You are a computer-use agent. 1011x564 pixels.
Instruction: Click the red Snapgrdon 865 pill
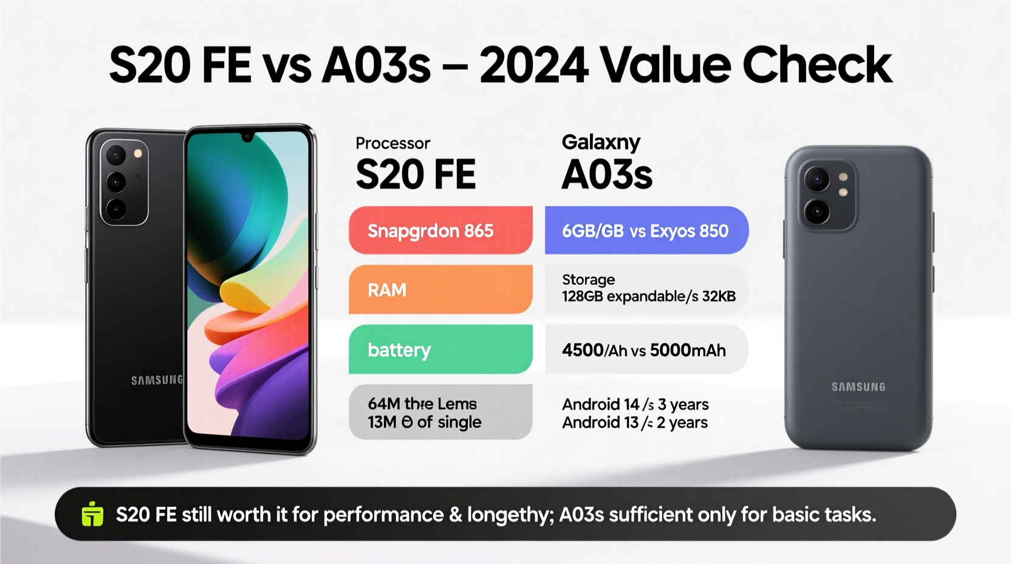440,230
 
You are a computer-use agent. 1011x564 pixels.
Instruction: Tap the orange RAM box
440,289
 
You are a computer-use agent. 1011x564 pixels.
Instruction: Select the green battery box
440,349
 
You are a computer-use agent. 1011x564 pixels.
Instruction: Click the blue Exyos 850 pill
646,230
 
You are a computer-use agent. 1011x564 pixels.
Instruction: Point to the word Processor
392,143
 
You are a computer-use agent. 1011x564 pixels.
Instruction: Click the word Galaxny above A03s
600,142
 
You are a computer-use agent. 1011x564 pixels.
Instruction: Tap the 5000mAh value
688,351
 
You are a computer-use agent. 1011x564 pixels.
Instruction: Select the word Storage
588,280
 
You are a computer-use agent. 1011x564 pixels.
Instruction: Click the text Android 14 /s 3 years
635,404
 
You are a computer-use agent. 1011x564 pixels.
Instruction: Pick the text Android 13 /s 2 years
634,422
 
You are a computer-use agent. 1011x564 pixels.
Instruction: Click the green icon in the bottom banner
92,514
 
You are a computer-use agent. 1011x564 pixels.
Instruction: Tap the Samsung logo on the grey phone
858,387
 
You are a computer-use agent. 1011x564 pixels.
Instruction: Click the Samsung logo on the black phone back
156,380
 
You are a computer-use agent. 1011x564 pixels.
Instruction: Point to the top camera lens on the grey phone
817,179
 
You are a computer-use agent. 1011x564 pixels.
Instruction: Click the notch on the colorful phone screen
247,137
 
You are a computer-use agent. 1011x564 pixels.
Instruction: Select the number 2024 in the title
533,65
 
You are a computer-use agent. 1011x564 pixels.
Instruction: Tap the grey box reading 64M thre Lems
440,412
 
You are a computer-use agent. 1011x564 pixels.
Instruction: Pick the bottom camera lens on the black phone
116,208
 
